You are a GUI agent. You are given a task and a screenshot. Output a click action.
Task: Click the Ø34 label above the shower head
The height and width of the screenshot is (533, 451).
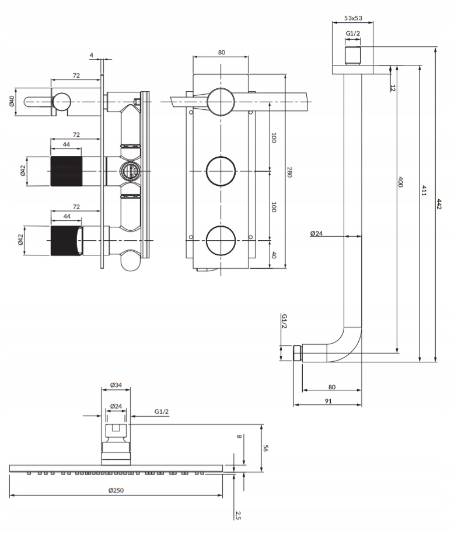click(116, 386)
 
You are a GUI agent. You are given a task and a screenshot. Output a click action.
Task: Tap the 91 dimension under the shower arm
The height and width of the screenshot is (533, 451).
click(328, 401)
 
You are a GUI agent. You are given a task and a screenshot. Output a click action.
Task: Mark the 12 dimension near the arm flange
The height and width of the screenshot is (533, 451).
click(393, 88)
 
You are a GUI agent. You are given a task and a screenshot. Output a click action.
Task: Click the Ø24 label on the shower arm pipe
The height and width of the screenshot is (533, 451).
click(317, 233)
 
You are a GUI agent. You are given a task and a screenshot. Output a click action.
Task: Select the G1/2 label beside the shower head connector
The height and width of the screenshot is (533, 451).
click(162, 412)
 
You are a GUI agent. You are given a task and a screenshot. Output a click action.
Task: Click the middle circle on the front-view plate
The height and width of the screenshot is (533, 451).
click(221, 172)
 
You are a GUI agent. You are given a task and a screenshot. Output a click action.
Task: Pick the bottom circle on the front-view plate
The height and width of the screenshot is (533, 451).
click(221, 239)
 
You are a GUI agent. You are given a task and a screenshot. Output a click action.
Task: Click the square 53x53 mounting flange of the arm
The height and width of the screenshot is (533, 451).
click(354, 70)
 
